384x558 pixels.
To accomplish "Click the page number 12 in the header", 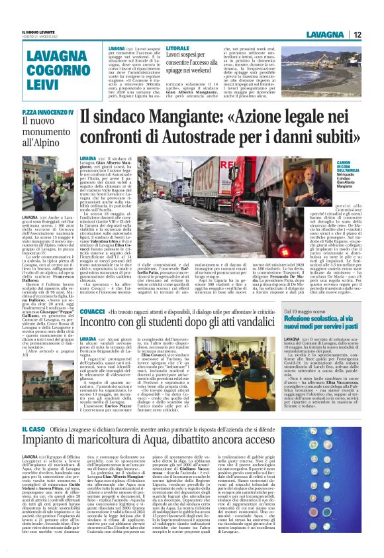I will pos(357,34).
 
